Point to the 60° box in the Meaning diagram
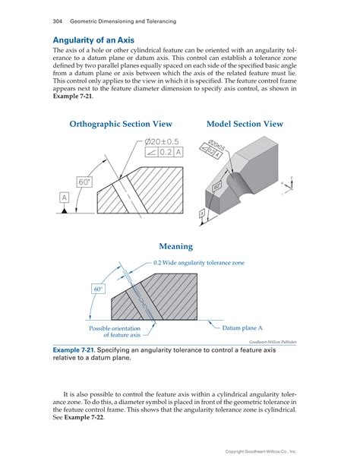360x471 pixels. pyautogui.click(x=98, y=289)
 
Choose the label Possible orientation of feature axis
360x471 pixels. pyautogui.click(x=115, y=331)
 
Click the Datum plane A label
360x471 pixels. pyautogui.click(x=242, y=328)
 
